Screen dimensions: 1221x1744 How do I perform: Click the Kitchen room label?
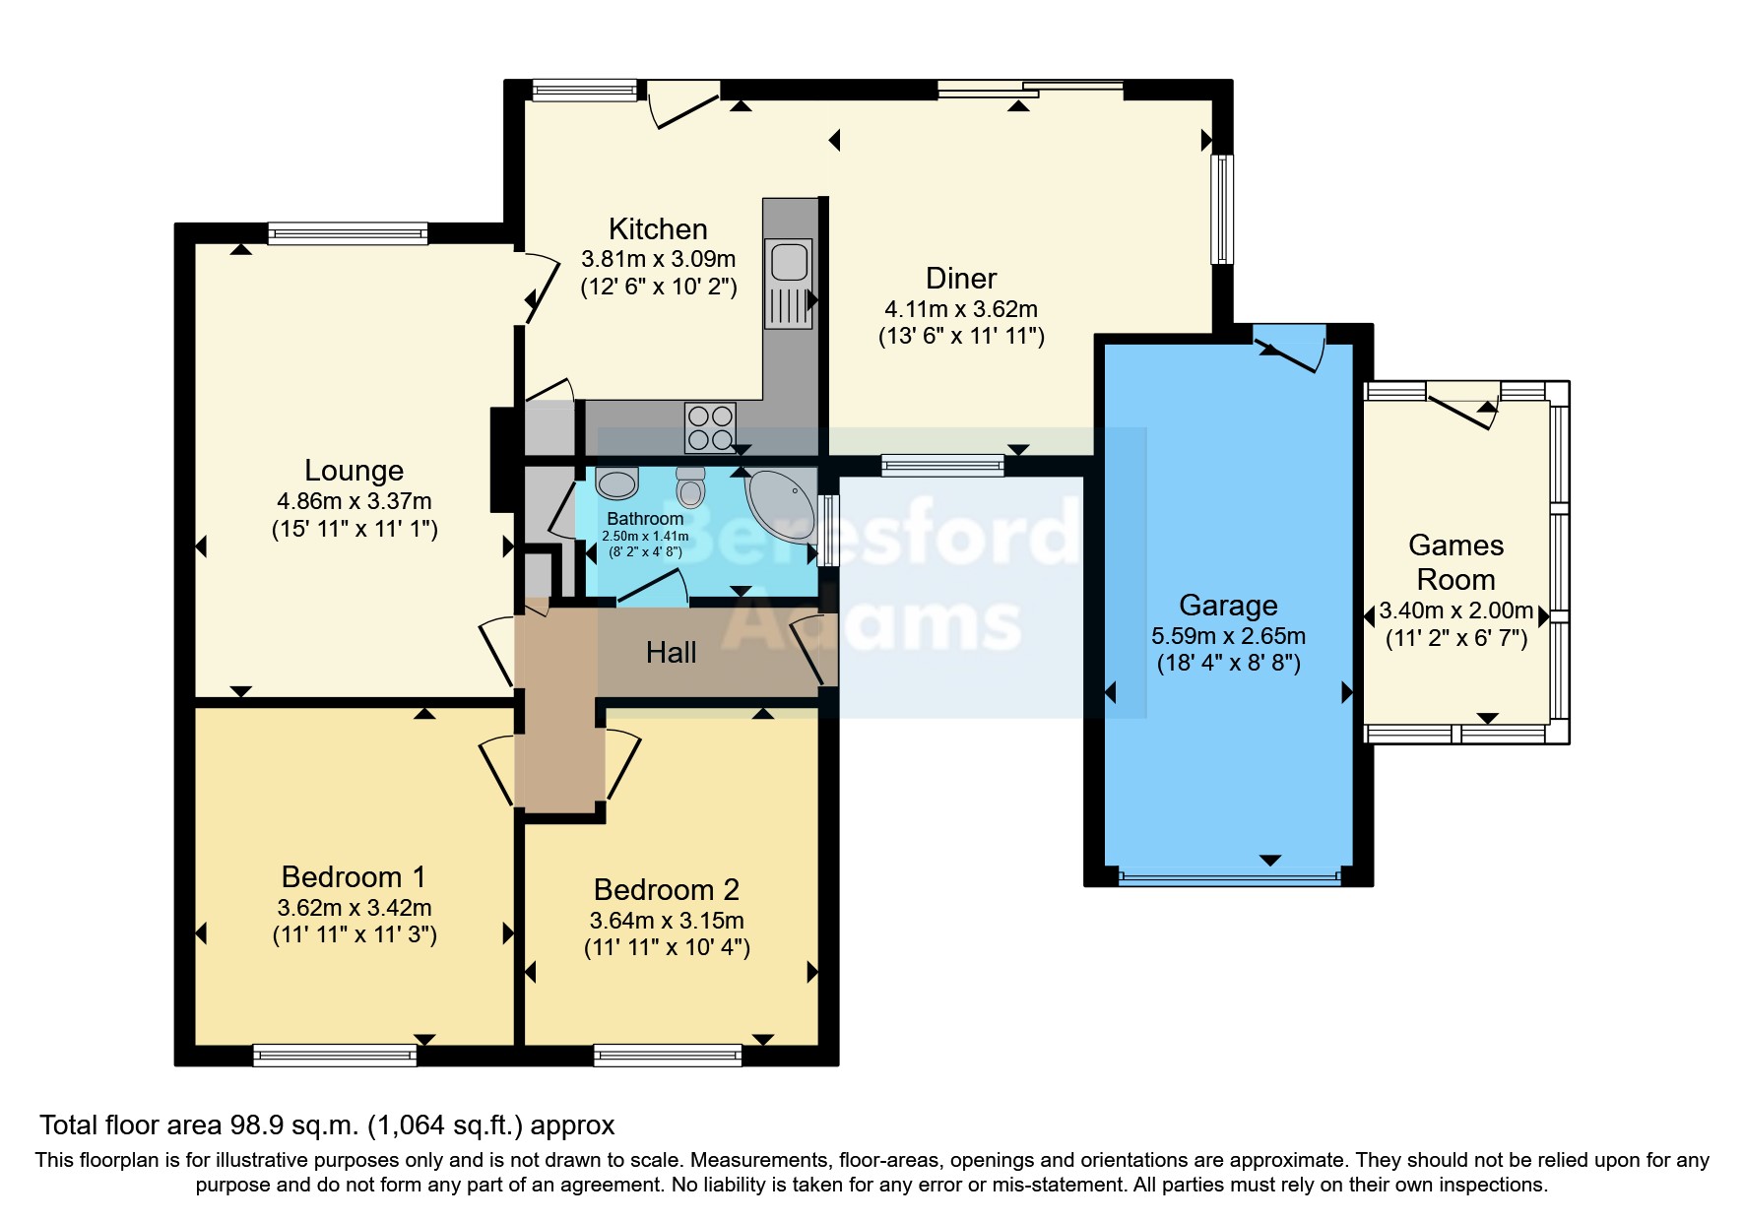pyautogui.click(x=658, y=229)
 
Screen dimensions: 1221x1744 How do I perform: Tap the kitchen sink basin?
pyautogui.click(x=789, y=262)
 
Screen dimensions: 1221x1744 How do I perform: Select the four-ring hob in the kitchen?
pyautogui.click(x=710, y=427)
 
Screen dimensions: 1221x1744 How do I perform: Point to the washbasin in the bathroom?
pyautogui.click(x=617, y=482)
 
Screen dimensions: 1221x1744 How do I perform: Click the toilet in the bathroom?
pyautogui.click(x=691, y=486)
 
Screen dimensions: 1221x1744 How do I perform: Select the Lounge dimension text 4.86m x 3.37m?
pyautogui.click(x=355, y=501)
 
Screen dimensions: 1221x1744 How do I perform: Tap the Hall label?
pyautogui.click(x=671, y=652)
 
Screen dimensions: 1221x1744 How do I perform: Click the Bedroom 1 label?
pyautogui.click(x=354, y=876)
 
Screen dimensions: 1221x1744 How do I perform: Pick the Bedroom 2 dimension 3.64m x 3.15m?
pyautogui.click(x=667, y=921)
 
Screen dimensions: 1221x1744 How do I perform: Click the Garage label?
pyautogui.click(x=1228, y=605)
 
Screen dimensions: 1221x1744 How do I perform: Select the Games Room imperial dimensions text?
pyautogui.click(x=1455, y=638)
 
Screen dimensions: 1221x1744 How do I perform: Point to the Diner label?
pyautogui.click(x=961, y=279)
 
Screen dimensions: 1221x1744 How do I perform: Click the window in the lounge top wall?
pyautogui.click(x=348, y=233)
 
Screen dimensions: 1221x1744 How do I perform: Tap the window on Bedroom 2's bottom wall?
pyautogui.click(x=668, y=1056)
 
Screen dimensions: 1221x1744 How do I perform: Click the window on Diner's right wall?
pyautogui.click(x=1221, y=209)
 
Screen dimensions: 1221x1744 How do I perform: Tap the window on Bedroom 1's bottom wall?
pyautogui.click(x=335, y=1056)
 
